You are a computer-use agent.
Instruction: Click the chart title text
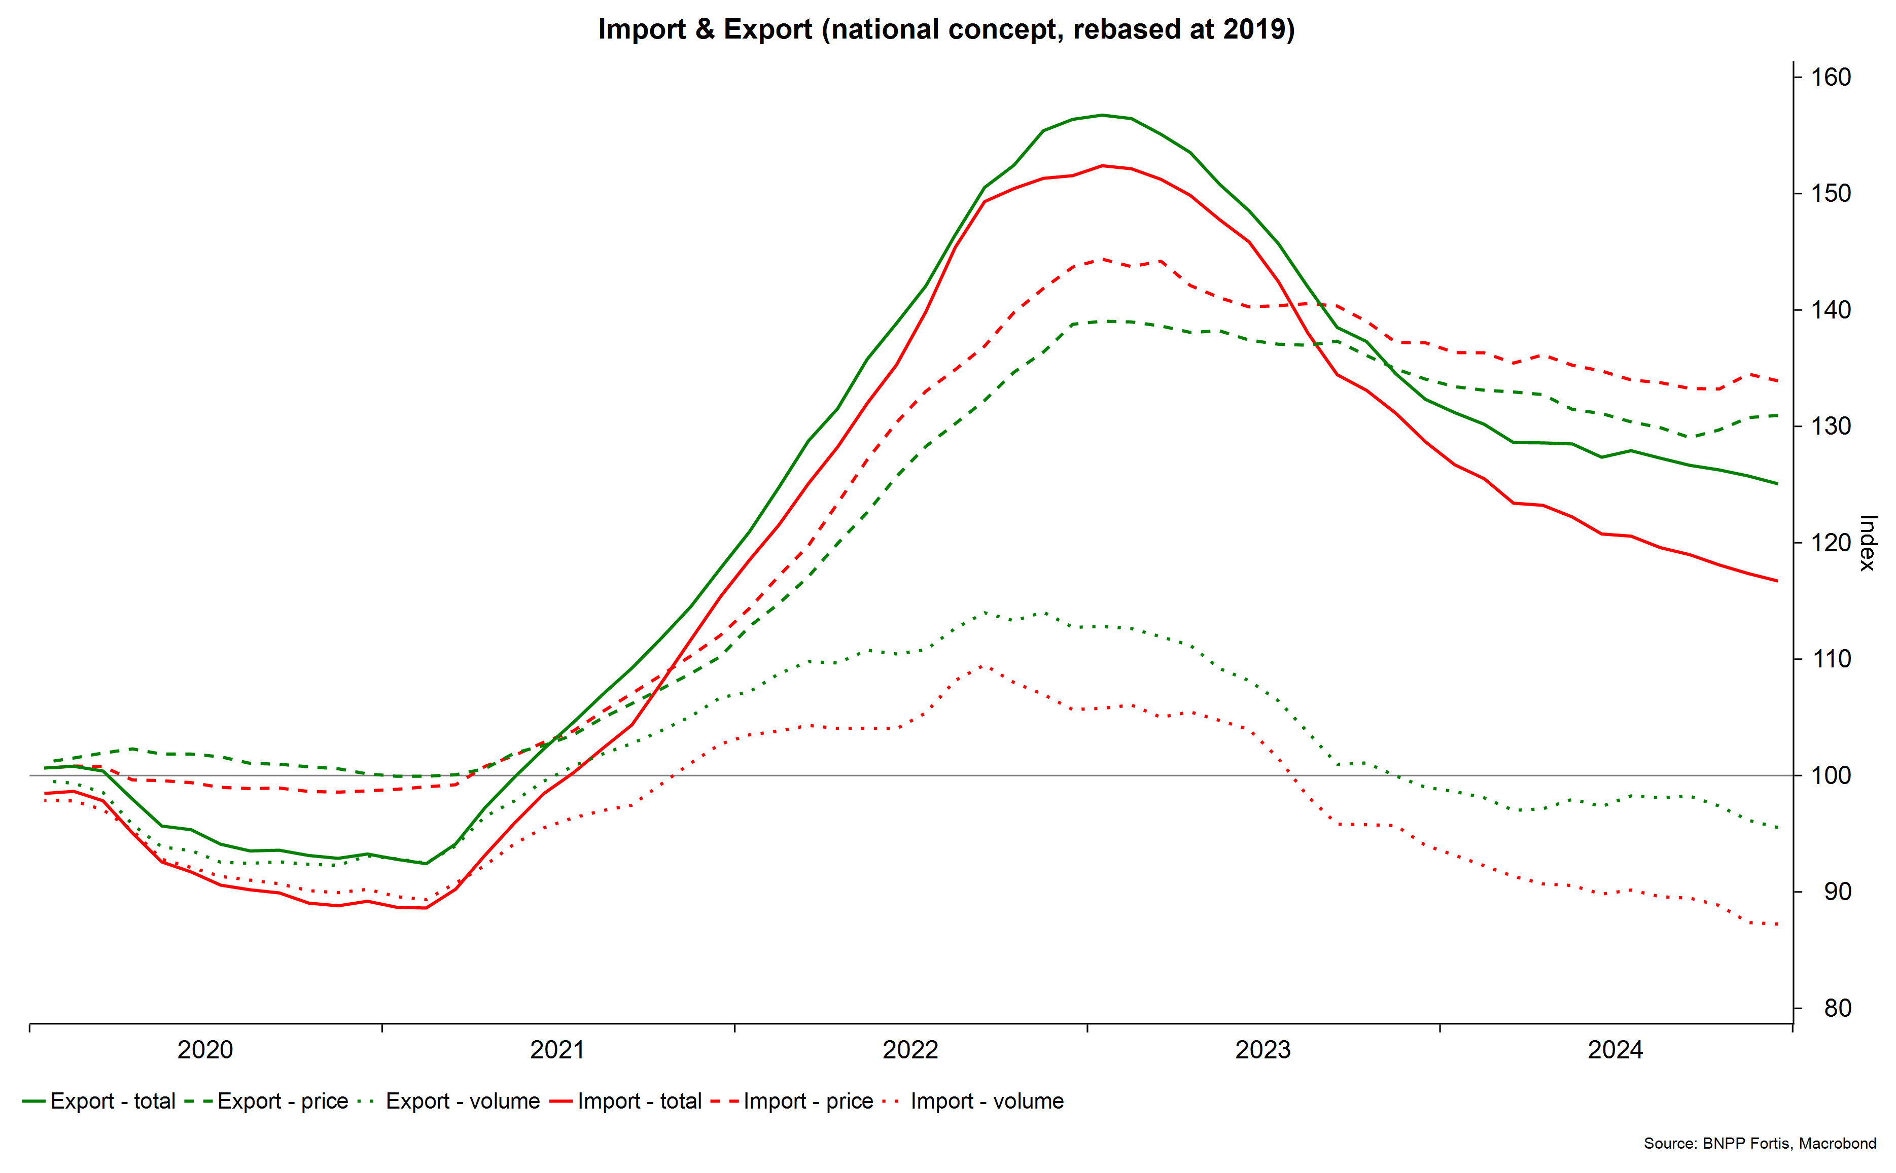(946, 29)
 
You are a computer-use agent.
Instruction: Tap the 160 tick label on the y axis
(1831, 77)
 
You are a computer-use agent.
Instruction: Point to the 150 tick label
(1831, 193)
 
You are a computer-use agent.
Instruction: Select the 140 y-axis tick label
(1831, 309)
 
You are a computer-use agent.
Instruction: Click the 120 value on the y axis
(1831, 542)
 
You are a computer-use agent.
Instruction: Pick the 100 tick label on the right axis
(1831, 775)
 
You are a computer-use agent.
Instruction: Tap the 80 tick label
(1838, 1008)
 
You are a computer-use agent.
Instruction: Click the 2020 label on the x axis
(205, 1050)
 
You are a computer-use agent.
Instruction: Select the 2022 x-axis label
(910, 1050)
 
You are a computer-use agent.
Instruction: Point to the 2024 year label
(1615, 1050)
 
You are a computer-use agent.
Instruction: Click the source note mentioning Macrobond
(1760, 1143)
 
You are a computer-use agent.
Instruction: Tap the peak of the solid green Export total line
(1102, 115)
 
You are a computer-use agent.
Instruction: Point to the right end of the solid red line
(1776, 580)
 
